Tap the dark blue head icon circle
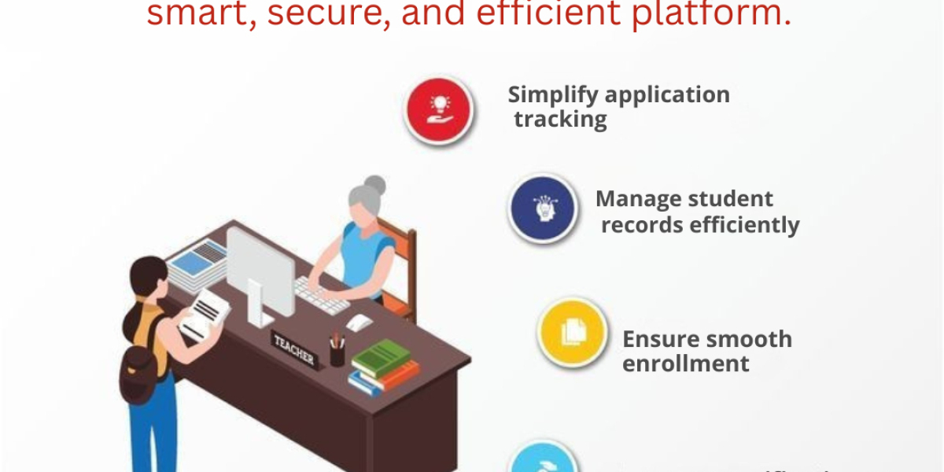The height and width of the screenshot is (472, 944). pyautogui.click(x=542, y=208)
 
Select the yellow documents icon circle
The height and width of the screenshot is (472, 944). pyautogui.click(x=572, y=333)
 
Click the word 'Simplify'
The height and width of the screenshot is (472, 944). pyautogui.click(x=548, y=95)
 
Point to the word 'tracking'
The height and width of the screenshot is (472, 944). pyautogui.click(x=560, y=120)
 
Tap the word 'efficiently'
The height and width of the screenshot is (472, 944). pyautogui.click(x=744, y=225)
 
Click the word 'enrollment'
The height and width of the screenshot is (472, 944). pyautogui.click(x=686, y=364)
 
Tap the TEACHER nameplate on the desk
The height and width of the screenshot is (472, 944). pyautogui.click(x=294, y=351)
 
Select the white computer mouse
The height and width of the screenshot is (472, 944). pyautogui.click(x=359, y=322)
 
